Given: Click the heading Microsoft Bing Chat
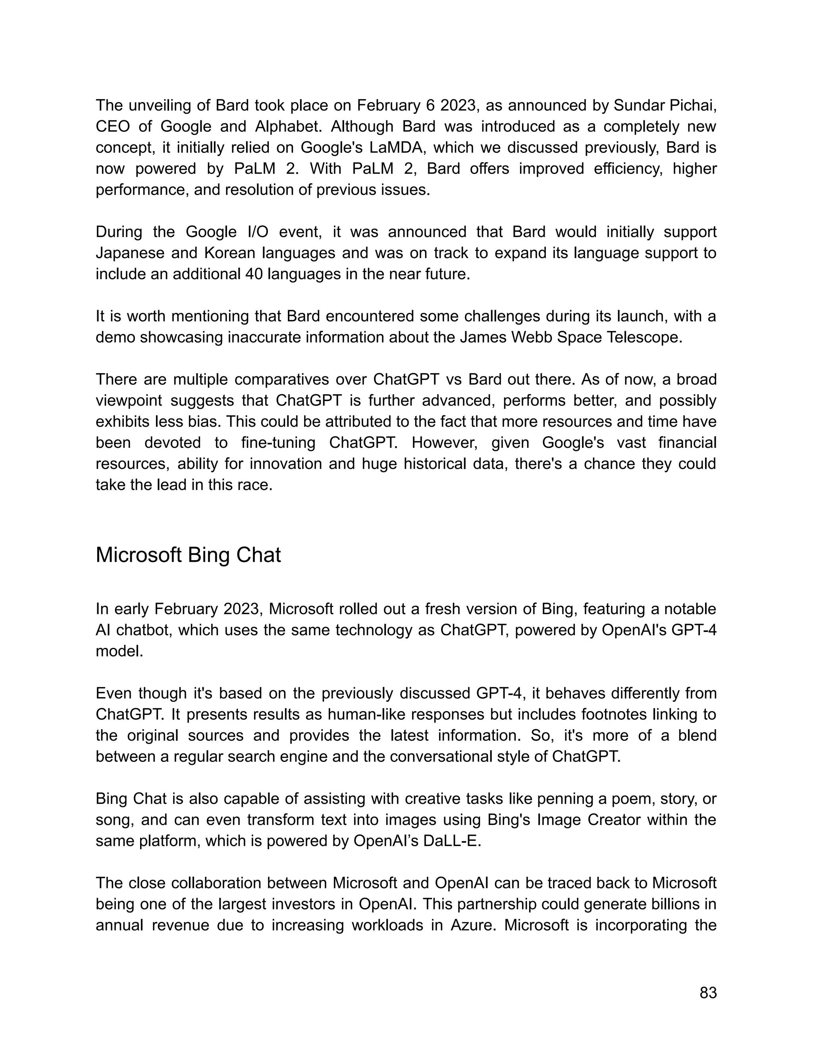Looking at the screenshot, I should click(x=188, y=555).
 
